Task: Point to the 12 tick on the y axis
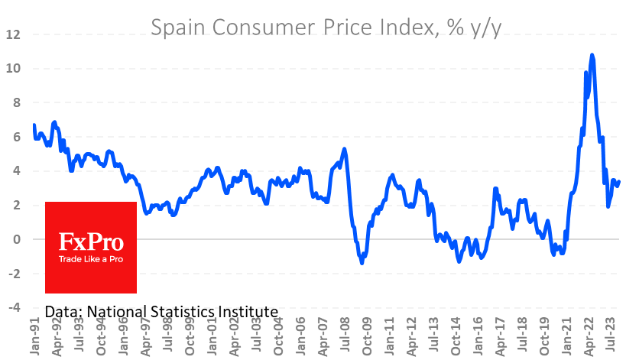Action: point(14,34)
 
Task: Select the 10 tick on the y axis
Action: point(14,69)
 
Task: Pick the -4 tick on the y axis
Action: point(14,307)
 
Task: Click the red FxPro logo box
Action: point(91,247)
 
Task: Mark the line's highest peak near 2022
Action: point(592,55)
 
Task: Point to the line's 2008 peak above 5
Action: point(345,149)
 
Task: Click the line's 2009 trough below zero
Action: point(362,263)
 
